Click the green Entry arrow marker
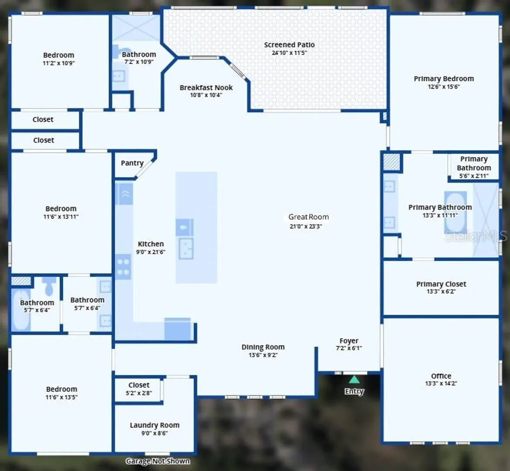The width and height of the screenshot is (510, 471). coord(354,379)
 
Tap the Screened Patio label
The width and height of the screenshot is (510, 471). coord(289,45)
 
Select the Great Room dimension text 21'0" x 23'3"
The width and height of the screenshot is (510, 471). coord(306,226)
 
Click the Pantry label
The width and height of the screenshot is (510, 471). coord(132,163)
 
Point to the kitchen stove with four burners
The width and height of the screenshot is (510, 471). coord(123,267)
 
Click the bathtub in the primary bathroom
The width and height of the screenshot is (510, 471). coord(456,213)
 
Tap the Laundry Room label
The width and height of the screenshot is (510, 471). coord(154,425)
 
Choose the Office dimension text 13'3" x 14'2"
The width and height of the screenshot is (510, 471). coord(441,383)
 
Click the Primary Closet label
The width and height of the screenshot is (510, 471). coord(441,284)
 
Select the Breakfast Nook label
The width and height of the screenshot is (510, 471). coord(206,88)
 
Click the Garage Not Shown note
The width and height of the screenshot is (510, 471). coord(158,461)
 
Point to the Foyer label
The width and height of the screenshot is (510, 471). coord(349,341)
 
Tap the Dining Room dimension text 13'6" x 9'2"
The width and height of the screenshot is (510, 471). coord(263,355)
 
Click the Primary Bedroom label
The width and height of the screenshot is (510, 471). coord(444,79)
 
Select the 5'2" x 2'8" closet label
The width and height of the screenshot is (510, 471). coord(139,393)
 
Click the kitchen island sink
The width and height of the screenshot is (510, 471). coord(186,249)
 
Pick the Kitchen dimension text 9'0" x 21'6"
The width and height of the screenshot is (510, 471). coord(150,252)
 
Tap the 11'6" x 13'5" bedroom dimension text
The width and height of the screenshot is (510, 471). coord(61,397)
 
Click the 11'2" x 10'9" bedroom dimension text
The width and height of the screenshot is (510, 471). coord(58,63)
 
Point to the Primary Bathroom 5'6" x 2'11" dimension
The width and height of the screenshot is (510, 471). coord(473,176)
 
